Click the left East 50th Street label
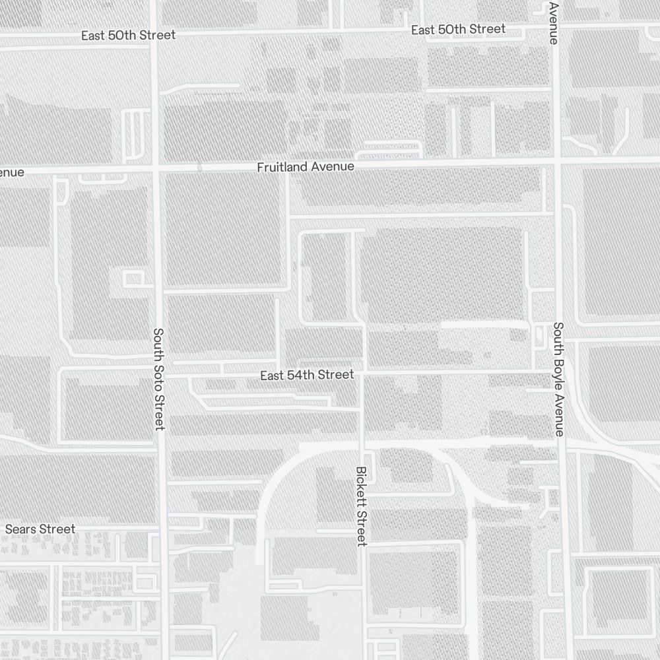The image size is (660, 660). [x=129, y=35]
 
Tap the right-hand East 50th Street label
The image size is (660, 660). [x=458, y=30]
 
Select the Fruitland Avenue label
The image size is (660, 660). [x=306, y=167]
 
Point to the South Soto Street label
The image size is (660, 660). [x=158, y=379]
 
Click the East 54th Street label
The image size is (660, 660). [x=307, y=375]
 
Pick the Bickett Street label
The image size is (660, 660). [x=361, y=506]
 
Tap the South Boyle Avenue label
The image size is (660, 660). [x=558, y=379]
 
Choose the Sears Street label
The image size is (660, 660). [x=40, y=529]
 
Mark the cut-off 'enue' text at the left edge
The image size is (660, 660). [x=12, y=172]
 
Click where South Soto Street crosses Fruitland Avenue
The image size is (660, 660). [x=156, y=170]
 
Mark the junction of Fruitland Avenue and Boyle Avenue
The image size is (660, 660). [x=557, y=162]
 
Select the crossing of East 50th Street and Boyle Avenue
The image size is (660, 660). [x=554, y=26]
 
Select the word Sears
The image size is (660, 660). [x=22, y=529]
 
